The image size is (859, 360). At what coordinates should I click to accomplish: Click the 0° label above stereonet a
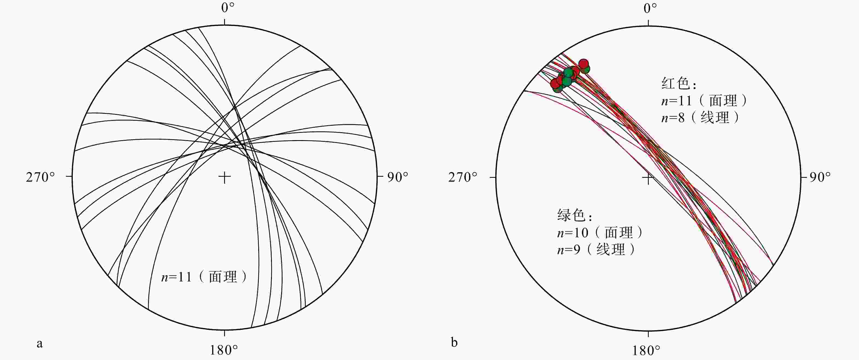[x=228, y=8]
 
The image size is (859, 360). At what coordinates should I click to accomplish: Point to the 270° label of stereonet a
[x=40, y=177]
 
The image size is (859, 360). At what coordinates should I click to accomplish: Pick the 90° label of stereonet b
[x=820, y=177]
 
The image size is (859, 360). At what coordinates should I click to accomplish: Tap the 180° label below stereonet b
[x=646, y=350]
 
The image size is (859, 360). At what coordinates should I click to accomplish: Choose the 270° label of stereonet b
[x=463, y=177]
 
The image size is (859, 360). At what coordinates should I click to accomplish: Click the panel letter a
[x=40, y=344]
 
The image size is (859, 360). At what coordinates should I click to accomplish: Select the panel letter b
[x=454, y=342]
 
